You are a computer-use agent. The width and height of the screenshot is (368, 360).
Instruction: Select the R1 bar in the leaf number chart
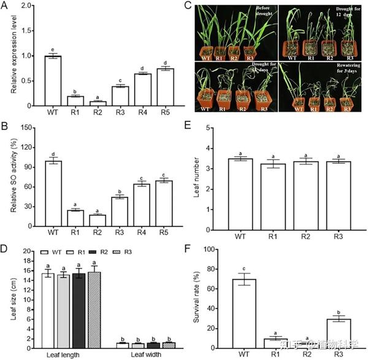278,196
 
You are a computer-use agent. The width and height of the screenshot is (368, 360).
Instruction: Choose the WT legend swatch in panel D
45,252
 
